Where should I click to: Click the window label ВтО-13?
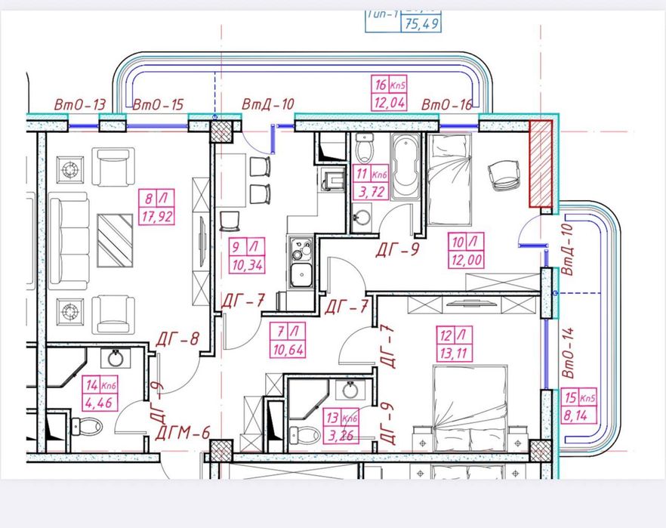pos(79,106)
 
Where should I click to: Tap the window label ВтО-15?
pos(158,106)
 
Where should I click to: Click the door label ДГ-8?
pos(178,340)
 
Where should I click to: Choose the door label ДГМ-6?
pos(182,434)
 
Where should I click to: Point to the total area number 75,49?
pos(422,23)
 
